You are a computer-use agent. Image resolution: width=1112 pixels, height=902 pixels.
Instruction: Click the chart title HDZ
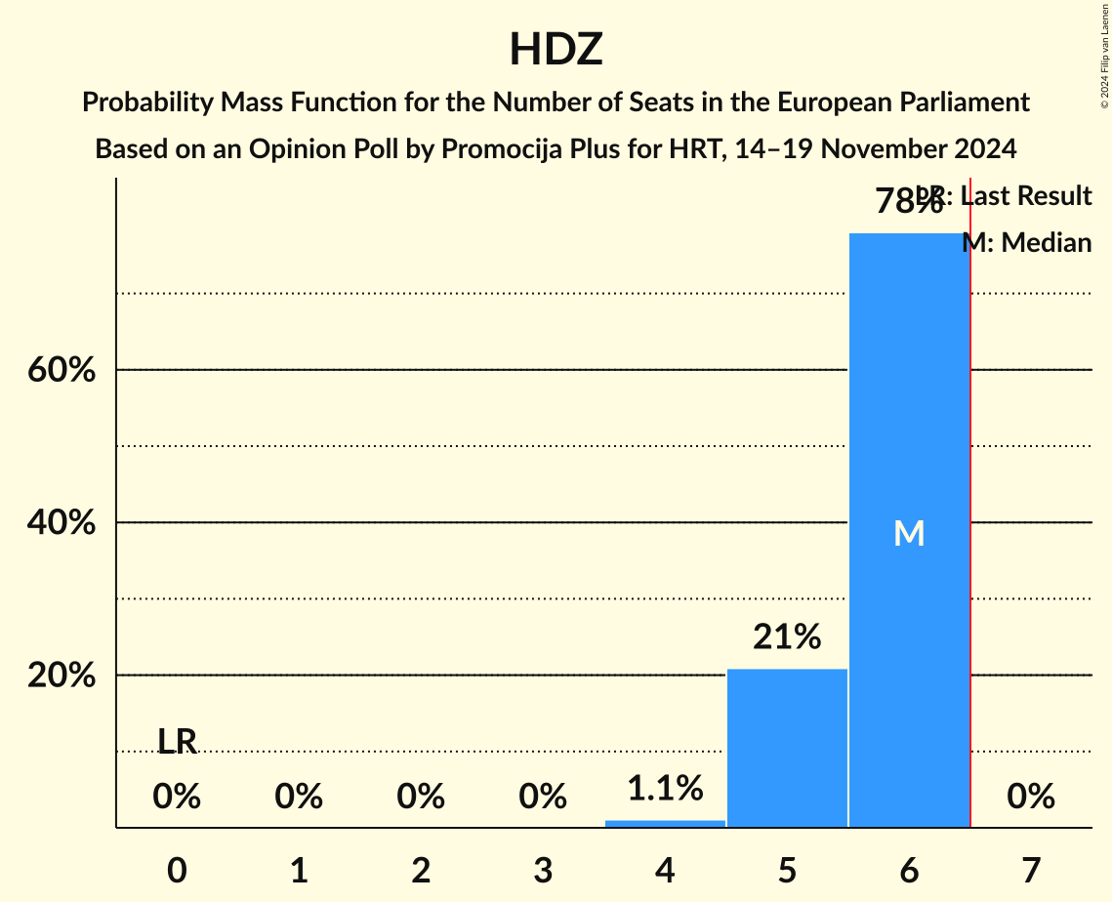pos(556,50)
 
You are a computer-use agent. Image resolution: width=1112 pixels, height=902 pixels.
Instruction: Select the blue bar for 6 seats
pos(909,439)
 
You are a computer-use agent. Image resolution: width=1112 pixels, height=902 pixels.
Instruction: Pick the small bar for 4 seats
pos(665,823)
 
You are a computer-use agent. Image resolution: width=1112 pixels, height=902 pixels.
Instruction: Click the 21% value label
pos(787,637)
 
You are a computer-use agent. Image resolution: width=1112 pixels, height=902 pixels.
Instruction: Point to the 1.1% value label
pos(665,788)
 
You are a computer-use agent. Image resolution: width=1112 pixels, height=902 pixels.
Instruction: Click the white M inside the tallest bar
pos(909,533)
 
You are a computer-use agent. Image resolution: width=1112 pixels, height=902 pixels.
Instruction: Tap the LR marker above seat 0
pos(177,742)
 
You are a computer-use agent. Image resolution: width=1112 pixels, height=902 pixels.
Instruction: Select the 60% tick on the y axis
pos(62,371)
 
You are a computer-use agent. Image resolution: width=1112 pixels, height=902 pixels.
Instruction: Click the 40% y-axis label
pos(62,523)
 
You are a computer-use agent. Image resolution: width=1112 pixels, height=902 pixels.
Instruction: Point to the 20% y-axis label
pos(62,676)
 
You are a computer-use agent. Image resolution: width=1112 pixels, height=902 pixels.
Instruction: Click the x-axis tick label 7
pos(1031,870)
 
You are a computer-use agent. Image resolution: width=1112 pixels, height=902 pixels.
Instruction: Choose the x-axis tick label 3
pos(543,870)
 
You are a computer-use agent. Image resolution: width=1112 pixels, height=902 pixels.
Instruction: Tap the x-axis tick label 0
pos(177,870)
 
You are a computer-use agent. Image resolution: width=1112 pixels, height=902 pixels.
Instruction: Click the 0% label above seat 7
pos(1031,797)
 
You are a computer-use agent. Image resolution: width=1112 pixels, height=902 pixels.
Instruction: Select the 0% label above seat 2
pos(421,797)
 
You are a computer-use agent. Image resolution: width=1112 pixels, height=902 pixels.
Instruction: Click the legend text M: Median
pos(1027,242)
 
